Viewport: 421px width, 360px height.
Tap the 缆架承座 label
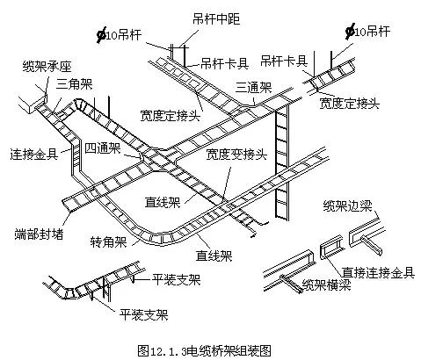40,66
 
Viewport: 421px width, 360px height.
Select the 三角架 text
74,84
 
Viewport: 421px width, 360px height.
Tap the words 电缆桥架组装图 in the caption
234,349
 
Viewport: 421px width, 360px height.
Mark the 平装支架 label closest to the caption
144,313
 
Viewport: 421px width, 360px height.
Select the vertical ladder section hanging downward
281,167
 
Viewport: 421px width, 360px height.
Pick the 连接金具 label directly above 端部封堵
34,152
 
